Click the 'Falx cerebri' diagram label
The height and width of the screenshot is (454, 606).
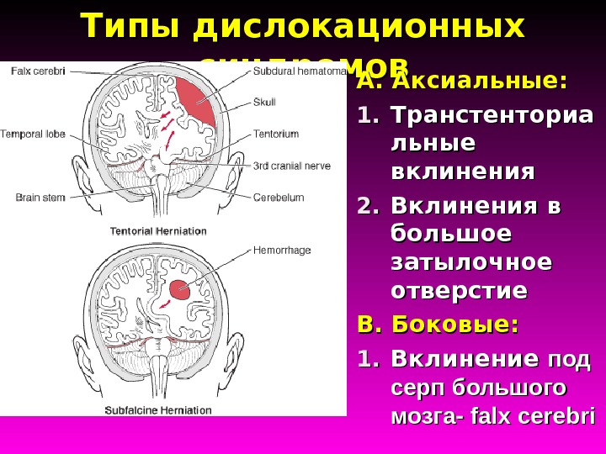(38, 71)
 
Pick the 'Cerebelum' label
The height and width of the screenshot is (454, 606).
(279, 198)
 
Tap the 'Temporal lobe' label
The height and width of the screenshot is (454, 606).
(31, 134)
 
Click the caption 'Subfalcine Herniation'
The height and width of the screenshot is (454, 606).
(157, 410)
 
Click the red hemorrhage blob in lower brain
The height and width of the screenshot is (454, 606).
(179, 290)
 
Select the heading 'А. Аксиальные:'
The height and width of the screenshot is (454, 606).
(461, 82)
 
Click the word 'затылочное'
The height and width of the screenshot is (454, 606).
(471, 262)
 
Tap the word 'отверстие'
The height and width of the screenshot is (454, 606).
(459, 292)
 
